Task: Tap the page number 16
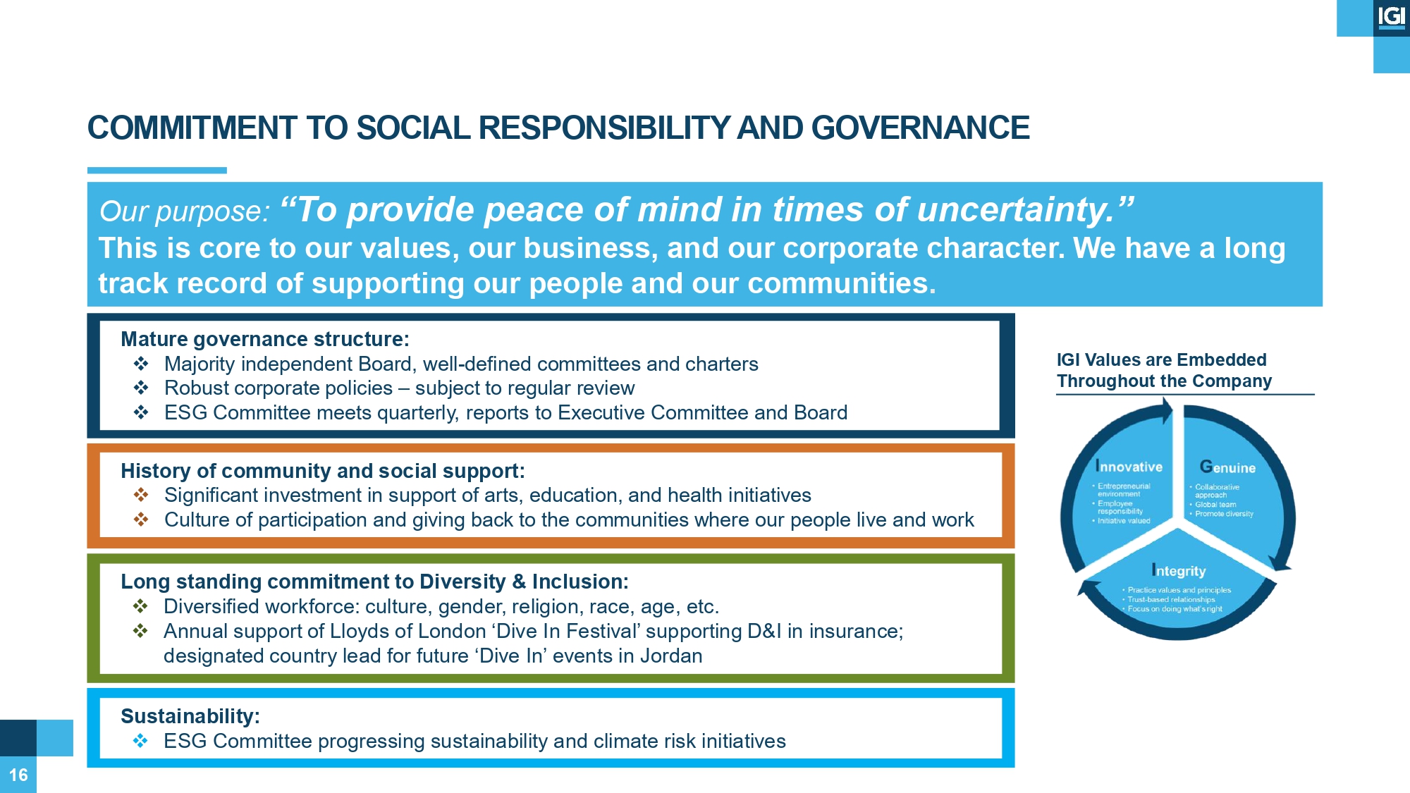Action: coord(18,775)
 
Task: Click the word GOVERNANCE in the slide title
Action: coord(920,128)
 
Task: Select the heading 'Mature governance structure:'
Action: coord(265,339)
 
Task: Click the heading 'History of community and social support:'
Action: coord(323,471)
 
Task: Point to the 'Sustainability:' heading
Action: coord(190,716)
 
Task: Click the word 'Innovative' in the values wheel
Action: coord(1129,467)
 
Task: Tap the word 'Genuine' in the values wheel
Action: coord(1227,467)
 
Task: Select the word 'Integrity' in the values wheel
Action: coord(1179,571)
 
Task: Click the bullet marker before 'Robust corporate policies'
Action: coord(141,388)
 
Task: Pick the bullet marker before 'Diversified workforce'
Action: coord(141,606)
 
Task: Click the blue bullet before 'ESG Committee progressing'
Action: coord(141,741)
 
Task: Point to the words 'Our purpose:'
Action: coord(185,211)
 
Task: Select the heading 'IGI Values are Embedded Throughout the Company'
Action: coord(1164,371)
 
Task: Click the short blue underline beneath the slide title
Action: coord(157,171)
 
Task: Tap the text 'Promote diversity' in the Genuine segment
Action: coord(1224,514)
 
